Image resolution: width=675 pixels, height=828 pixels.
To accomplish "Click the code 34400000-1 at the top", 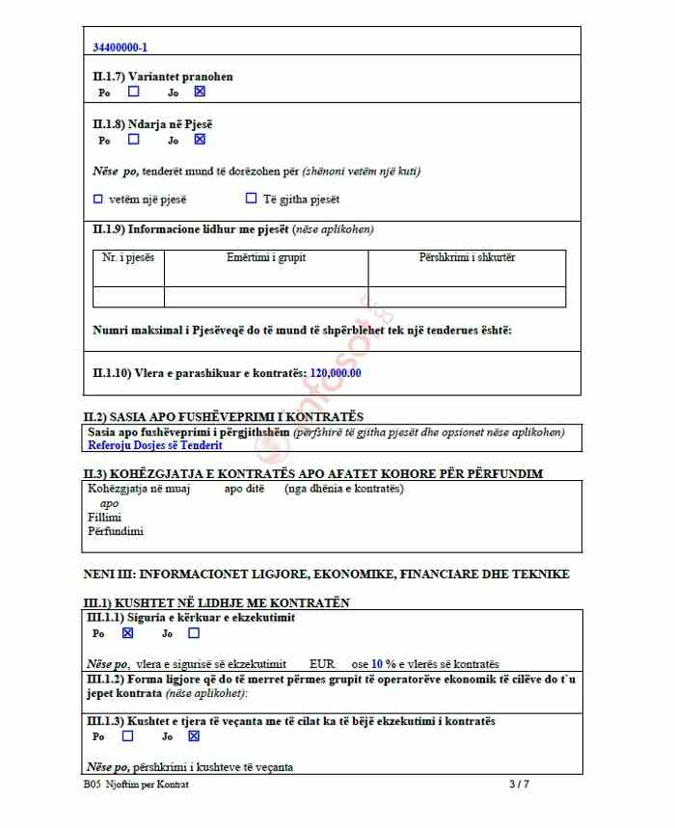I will click(x=120, y=47).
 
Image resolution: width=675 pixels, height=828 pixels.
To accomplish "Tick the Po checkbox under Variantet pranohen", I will click(x=133, y=92).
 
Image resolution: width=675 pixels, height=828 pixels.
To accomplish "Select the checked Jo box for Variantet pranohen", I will click(x=200, y=92).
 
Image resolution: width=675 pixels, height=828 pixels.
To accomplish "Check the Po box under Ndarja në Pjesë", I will click(x=133, y=139).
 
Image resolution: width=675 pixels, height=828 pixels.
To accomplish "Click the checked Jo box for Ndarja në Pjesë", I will click(x=200, y=139).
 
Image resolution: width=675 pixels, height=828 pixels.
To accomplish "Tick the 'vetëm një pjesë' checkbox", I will click(x=97, y=200).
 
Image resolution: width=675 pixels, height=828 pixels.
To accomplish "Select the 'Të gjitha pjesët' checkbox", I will click(x=251, y=199).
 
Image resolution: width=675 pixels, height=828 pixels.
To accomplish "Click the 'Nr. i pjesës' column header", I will click(x=128, y=258).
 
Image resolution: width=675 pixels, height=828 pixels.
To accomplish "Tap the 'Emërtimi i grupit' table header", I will click(x=266, y=258).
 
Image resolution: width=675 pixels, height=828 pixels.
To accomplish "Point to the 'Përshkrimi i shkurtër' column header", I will click(x=467, y=258).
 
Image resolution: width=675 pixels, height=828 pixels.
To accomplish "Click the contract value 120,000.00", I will click(x=336, y=373).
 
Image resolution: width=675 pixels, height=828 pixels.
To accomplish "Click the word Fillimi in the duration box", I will click(x=104, y=518).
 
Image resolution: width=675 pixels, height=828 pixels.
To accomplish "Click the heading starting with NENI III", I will click(x=327, y=574).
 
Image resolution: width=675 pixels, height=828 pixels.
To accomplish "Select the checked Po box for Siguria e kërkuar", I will click(x=127, y=633).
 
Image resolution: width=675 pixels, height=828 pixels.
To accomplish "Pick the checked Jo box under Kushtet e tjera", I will click(x=194, y=736).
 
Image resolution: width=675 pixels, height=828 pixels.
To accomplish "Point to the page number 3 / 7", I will click(x=519, y=785).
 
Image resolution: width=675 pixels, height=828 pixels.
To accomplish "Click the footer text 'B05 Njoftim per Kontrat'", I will click(x=136, y=785).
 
